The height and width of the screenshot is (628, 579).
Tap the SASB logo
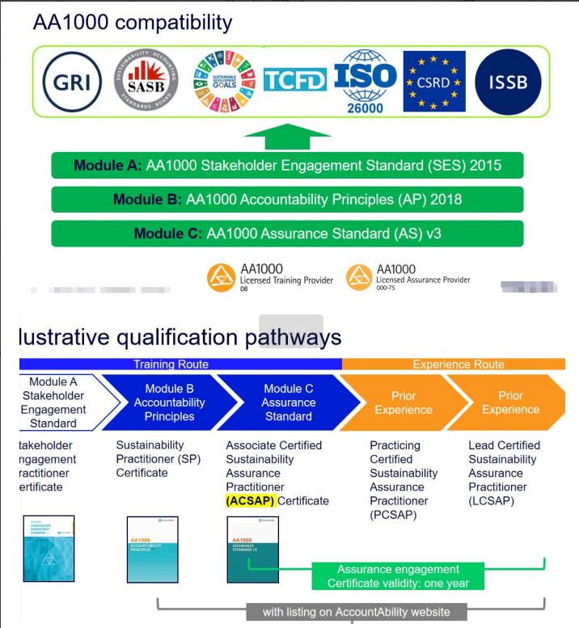(x=146, y=82)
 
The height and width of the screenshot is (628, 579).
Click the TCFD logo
(x=295, y=80)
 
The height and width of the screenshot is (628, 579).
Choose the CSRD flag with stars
(x=434, y=82)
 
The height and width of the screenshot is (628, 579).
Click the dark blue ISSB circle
(x=508, y=82)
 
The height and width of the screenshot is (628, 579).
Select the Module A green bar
(x=287, y=166)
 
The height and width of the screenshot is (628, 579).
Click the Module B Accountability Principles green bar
(x=287, y=200)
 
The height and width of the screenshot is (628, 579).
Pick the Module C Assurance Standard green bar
(x=287, y=234)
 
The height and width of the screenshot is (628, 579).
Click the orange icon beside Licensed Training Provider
(x=221, y=277)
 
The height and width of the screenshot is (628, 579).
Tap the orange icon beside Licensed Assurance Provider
(x=359, y=277)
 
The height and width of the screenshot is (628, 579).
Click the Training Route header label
(x=171, y=365)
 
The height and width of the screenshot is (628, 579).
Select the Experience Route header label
(x=459, y=365)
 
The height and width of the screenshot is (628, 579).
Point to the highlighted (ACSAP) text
(x=251, y=501)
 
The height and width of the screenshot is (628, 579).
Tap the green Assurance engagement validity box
(x=399, y=576)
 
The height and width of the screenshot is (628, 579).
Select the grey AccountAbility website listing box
(x=356, y=612)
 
